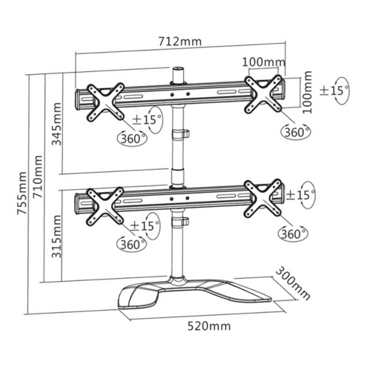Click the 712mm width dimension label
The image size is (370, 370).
point(180,42)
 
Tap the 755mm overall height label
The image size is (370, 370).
point(22,193)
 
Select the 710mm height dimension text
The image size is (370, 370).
point(38,176)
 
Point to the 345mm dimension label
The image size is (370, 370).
point(56,124)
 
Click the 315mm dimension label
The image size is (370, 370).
point(56,237)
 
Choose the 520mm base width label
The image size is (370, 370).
point(209,326)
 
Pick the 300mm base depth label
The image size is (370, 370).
point(292,283)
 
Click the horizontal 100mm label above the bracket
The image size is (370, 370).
point(263,62)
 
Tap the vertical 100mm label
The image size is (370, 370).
point(308,92)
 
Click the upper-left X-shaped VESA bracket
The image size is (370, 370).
point(106,102)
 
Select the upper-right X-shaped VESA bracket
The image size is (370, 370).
point(263,94)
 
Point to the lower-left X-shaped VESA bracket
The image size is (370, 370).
point(105,207)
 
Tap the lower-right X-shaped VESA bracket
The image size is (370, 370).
point(262,198)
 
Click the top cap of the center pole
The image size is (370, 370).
point(179,69)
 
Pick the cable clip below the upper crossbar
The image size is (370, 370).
point(181,133)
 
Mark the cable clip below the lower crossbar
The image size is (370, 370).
point(181,222)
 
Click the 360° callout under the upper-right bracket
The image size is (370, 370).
point(296,132)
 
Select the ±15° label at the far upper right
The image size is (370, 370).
point(335,90)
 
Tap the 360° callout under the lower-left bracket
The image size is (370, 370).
point(131,244)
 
